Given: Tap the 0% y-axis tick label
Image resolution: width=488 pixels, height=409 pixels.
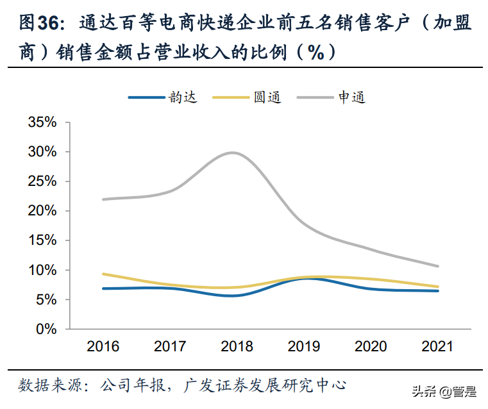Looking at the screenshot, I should click(x=46, y=329).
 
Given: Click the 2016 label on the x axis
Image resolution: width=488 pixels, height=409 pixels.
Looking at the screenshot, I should click(x=103, y=347).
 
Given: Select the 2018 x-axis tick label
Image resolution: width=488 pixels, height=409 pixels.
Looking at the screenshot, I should click(x=237, y=347).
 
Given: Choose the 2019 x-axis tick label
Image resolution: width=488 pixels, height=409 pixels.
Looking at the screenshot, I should click(x=304, y=347).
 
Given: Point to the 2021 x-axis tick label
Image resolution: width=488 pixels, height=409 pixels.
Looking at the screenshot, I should click(x=437, y=347).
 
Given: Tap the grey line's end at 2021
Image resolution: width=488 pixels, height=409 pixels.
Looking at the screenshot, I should click(x=437, y=266).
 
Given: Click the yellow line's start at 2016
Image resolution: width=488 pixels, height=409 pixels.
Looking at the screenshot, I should click(x=103, y=274).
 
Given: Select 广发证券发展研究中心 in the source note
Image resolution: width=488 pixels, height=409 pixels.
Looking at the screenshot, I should click(x=264, y=385).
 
